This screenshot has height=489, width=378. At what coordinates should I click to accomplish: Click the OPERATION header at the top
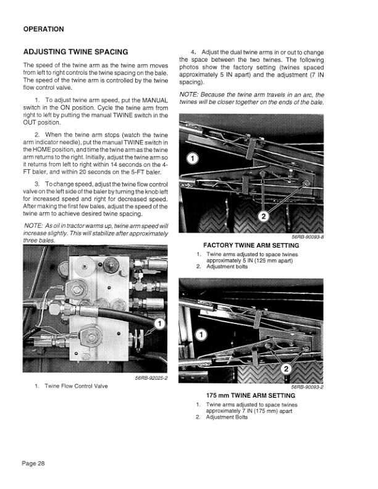coord(43,29)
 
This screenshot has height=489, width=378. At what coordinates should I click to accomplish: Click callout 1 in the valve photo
coord(159,324)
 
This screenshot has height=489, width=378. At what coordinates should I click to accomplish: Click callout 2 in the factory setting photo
coord(264,217)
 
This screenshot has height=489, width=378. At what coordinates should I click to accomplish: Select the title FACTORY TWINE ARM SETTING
coord(251,245)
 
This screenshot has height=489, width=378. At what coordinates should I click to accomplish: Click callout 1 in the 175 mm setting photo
coord(201,335)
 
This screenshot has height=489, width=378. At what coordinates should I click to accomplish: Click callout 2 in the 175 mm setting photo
coord(286,369)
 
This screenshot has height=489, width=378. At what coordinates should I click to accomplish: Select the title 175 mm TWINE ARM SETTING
coord(251,396)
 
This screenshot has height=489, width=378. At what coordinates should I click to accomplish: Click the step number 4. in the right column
coord(194,52)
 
